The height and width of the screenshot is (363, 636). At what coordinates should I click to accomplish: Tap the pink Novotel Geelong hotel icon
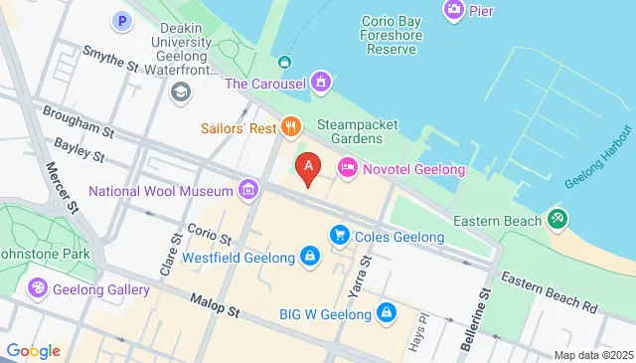pos(348,168)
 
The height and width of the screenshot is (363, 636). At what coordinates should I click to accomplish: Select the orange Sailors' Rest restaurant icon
pos(290,125)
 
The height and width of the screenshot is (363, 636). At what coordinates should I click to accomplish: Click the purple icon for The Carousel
pos(320,82)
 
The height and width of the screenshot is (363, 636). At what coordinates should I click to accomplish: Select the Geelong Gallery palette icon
pos(38,288)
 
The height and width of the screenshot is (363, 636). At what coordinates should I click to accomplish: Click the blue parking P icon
pos(122,19)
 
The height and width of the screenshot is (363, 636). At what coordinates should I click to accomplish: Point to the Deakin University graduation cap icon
pos(181,91)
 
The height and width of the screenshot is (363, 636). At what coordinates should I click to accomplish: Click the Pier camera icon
pos(453,10)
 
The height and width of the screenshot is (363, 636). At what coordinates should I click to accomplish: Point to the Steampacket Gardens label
pos(357,131)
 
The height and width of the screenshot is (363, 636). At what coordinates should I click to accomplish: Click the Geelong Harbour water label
pos(598,158)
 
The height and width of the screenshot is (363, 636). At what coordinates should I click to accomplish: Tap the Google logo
pos(33,351)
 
